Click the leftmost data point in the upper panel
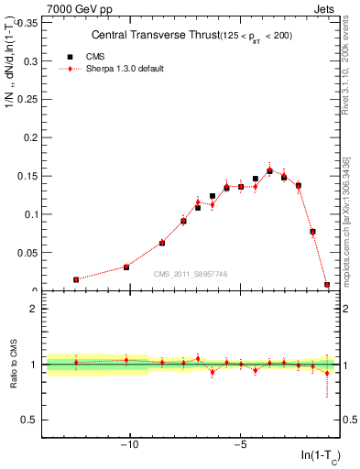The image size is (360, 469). point(76,279)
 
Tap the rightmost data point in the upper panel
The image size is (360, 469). point(327,285)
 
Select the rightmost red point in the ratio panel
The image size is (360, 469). point(327,373)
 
